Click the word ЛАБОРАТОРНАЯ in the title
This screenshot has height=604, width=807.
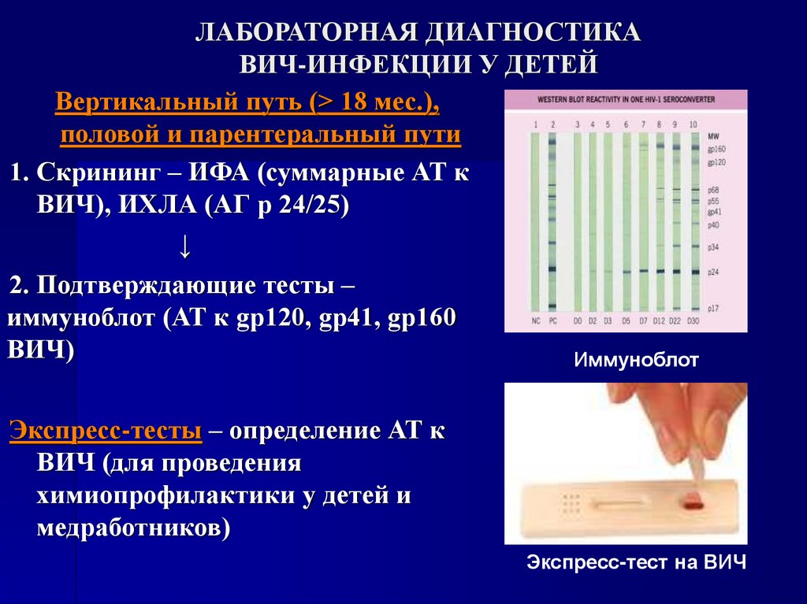coord(303,33)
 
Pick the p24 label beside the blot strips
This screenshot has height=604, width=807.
coord(713,271)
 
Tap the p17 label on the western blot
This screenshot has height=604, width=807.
coord(713,308)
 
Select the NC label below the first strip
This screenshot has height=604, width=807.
coord(535,321)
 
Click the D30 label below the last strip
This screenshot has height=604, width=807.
coord(694,321)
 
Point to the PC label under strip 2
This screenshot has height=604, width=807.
coord(552,321)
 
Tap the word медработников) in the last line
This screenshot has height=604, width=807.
coord(133,527)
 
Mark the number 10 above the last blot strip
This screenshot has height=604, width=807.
coord(693,124)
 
